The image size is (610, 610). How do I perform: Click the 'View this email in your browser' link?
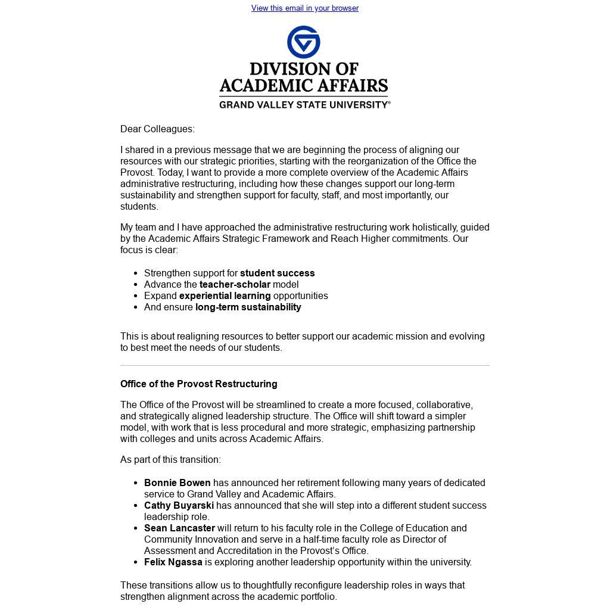[304, 8]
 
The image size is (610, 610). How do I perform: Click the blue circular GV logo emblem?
[304, 42]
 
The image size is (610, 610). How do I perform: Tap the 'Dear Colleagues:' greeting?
[157, 129]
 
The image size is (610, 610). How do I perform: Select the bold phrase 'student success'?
[277, 273]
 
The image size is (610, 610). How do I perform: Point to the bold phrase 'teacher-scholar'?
[235, 285]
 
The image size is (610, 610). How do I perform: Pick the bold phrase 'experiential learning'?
[225, 296]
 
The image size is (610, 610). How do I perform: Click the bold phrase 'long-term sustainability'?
[248, 307]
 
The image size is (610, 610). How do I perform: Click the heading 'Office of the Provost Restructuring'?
[198, 384]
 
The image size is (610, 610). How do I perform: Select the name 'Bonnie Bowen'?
[177, 483]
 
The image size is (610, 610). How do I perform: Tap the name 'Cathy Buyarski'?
[179, 506]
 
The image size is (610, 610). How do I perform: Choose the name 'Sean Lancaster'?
[179, 528]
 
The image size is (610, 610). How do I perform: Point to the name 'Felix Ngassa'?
[173, 562]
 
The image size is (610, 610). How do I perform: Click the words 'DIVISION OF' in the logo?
[304, 69]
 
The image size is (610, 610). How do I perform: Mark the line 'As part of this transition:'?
[170, 460]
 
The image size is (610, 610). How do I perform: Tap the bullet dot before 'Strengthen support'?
[136, 273]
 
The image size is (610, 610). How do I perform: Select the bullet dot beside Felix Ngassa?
[136, 562]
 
